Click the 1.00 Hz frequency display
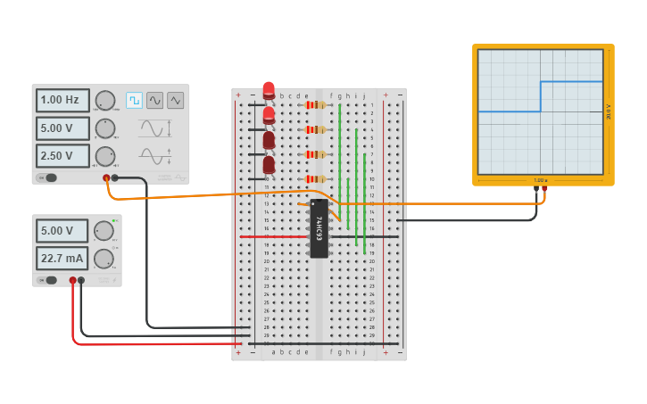[x=62, y=101]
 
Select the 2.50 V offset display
[x=62, y=156]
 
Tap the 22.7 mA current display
[x=62, y=259]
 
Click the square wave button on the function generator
[x=134, y=100]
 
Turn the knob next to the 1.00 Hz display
[x=105, y=101]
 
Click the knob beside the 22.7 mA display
[x=104, y=259]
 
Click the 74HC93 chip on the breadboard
[x=319, y=228]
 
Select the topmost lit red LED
[x=269, y=89]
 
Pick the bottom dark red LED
[x=269, y=165]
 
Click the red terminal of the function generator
[x=106, y=178]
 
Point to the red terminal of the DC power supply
[x=73, y=280]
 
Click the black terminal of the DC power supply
[x=81, y=280]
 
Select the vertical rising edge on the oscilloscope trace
[x=541, y=96]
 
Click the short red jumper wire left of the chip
[x=273, y=236]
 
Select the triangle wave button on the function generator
[x=175, y=100]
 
